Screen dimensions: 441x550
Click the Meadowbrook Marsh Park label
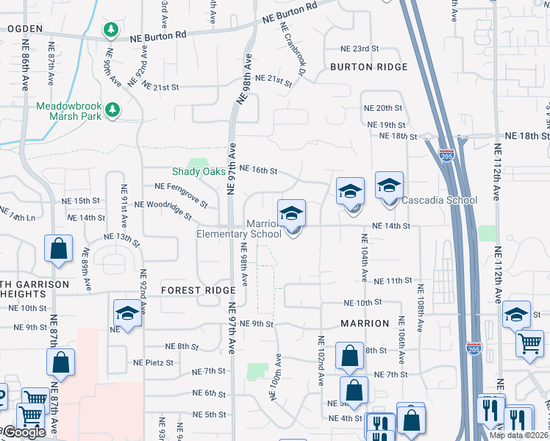point(68,110)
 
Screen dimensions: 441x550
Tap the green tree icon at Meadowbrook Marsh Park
point(112,110)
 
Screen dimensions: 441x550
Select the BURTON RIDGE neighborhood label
point(368,67)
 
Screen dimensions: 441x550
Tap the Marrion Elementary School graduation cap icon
point(292,213)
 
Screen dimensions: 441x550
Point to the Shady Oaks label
point(199,171)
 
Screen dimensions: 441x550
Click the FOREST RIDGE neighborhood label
point(199,290)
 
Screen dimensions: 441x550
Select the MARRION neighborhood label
point(365,323)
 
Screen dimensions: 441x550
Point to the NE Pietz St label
point(154,362)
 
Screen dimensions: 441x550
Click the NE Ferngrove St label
point(181,195)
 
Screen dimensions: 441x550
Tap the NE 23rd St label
point(359,49)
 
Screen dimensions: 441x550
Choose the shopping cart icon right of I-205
point(530,344)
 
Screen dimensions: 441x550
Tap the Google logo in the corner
point(24,432)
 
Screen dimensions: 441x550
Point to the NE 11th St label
point(393,281)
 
